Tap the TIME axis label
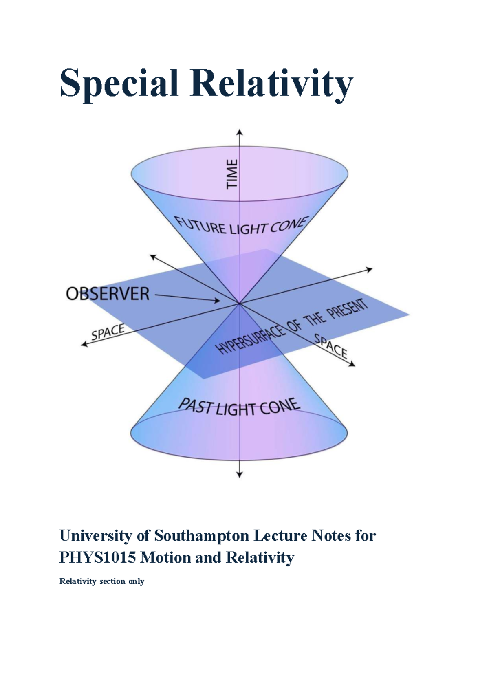tap(232, 174)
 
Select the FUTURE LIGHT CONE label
tap(240, 226)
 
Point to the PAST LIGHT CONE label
tap(240, 407)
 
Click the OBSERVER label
tap(108, 294)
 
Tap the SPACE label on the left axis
tap(108, 332)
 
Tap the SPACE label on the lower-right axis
tap(330, 346)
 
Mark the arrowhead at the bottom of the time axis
tap(240, 474)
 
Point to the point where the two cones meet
tap(240, 304)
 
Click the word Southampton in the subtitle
tap(202, 535)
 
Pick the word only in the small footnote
tap(137, 581)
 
